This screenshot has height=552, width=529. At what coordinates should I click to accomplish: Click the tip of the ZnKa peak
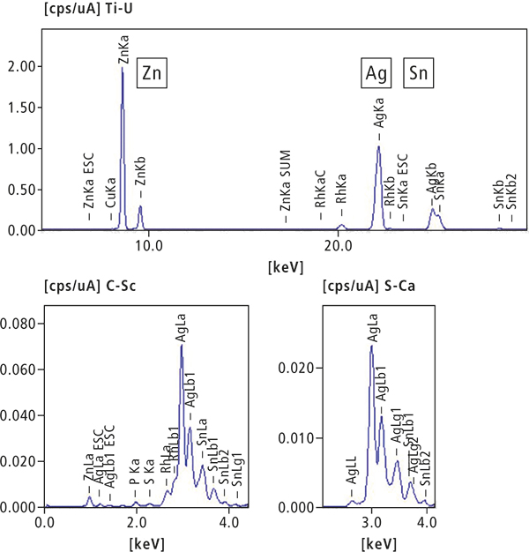(122, 68)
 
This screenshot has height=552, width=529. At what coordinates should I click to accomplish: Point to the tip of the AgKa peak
(378, 146)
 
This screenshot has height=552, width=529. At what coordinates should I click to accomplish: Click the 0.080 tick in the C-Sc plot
(20, 324)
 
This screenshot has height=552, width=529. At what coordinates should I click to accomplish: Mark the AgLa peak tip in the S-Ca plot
(371, 345)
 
